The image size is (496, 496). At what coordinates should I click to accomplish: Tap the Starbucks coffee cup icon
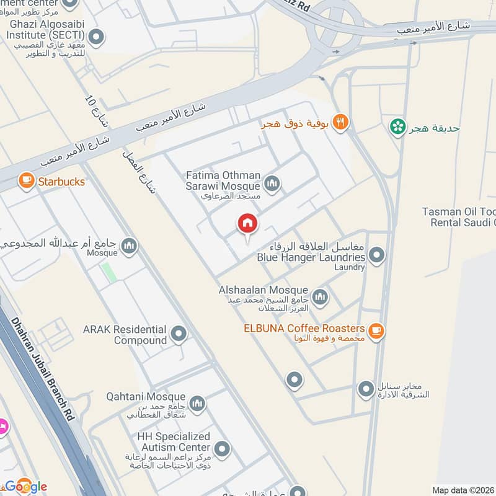coord(26,180)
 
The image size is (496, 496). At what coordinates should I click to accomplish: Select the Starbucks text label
coord(61,182)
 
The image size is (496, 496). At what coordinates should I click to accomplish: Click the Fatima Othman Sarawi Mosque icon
coord(272,184)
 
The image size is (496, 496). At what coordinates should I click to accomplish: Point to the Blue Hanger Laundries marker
coord(376,254)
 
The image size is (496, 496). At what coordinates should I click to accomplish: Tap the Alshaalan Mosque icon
coord(320,297)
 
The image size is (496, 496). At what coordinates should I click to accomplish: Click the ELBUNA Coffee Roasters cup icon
coord(375,331)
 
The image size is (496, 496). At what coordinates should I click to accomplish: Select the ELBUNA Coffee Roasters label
coord(304,329)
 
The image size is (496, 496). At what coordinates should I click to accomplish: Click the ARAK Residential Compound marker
coord(179,334)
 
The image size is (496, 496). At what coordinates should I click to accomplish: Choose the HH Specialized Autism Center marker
coord(222,448)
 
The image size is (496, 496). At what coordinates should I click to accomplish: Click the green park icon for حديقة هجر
coord(397,128)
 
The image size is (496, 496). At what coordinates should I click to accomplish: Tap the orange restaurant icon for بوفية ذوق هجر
coord(340,123)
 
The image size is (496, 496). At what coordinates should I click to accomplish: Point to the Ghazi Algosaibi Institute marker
coord(95,37)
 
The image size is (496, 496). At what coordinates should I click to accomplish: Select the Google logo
coord(26,486)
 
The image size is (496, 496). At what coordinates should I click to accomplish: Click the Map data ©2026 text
coord(463,490)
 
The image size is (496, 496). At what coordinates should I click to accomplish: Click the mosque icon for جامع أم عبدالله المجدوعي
coord(129,246)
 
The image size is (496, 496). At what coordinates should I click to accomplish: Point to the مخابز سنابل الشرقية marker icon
coord(365,390)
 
